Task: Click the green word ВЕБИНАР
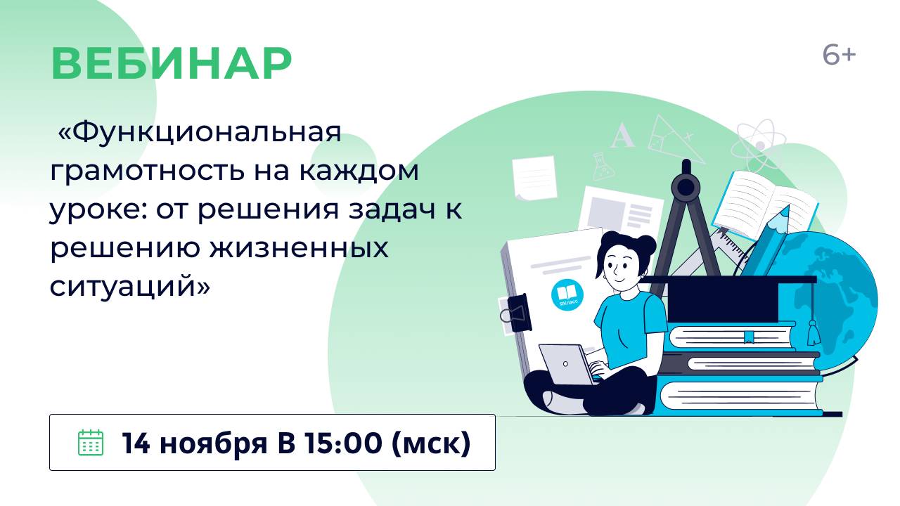pos(171,65)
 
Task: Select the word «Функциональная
pos(200,133)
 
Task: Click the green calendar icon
pos(90,443)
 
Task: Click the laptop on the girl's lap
pos(567,365)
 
